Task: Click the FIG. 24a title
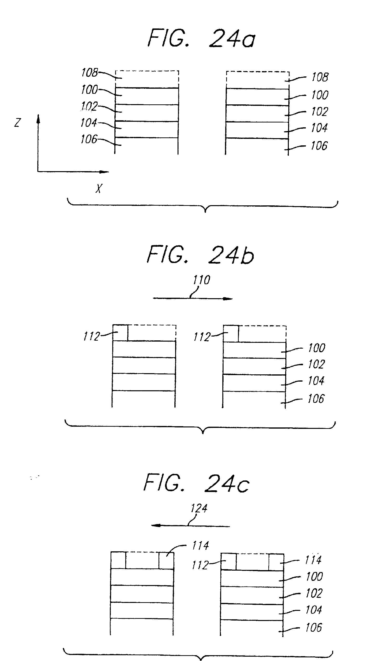(202, 39)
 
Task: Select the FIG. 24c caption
(196, 483)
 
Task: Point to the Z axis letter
(17, 123)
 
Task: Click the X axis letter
(99, 189)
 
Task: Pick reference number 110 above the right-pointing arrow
(202, 280)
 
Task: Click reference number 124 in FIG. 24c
(199, 508)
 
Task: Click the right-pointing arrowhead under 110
(228, 299)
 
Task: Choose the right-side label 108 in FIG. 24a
(320, 77)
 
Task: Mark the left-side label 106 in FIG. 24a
(89, 139)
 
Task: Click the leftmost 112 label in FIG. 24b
(92, 336)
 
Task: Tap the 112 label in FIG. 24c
(200, 565)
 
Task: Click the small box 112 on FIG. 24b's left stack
(120, 333)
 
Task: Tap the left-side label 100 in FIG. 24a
(89, 89)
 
